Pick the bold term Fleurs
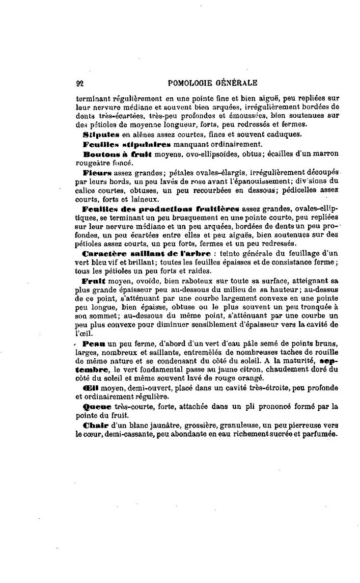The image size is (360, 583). pos(94,173)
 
